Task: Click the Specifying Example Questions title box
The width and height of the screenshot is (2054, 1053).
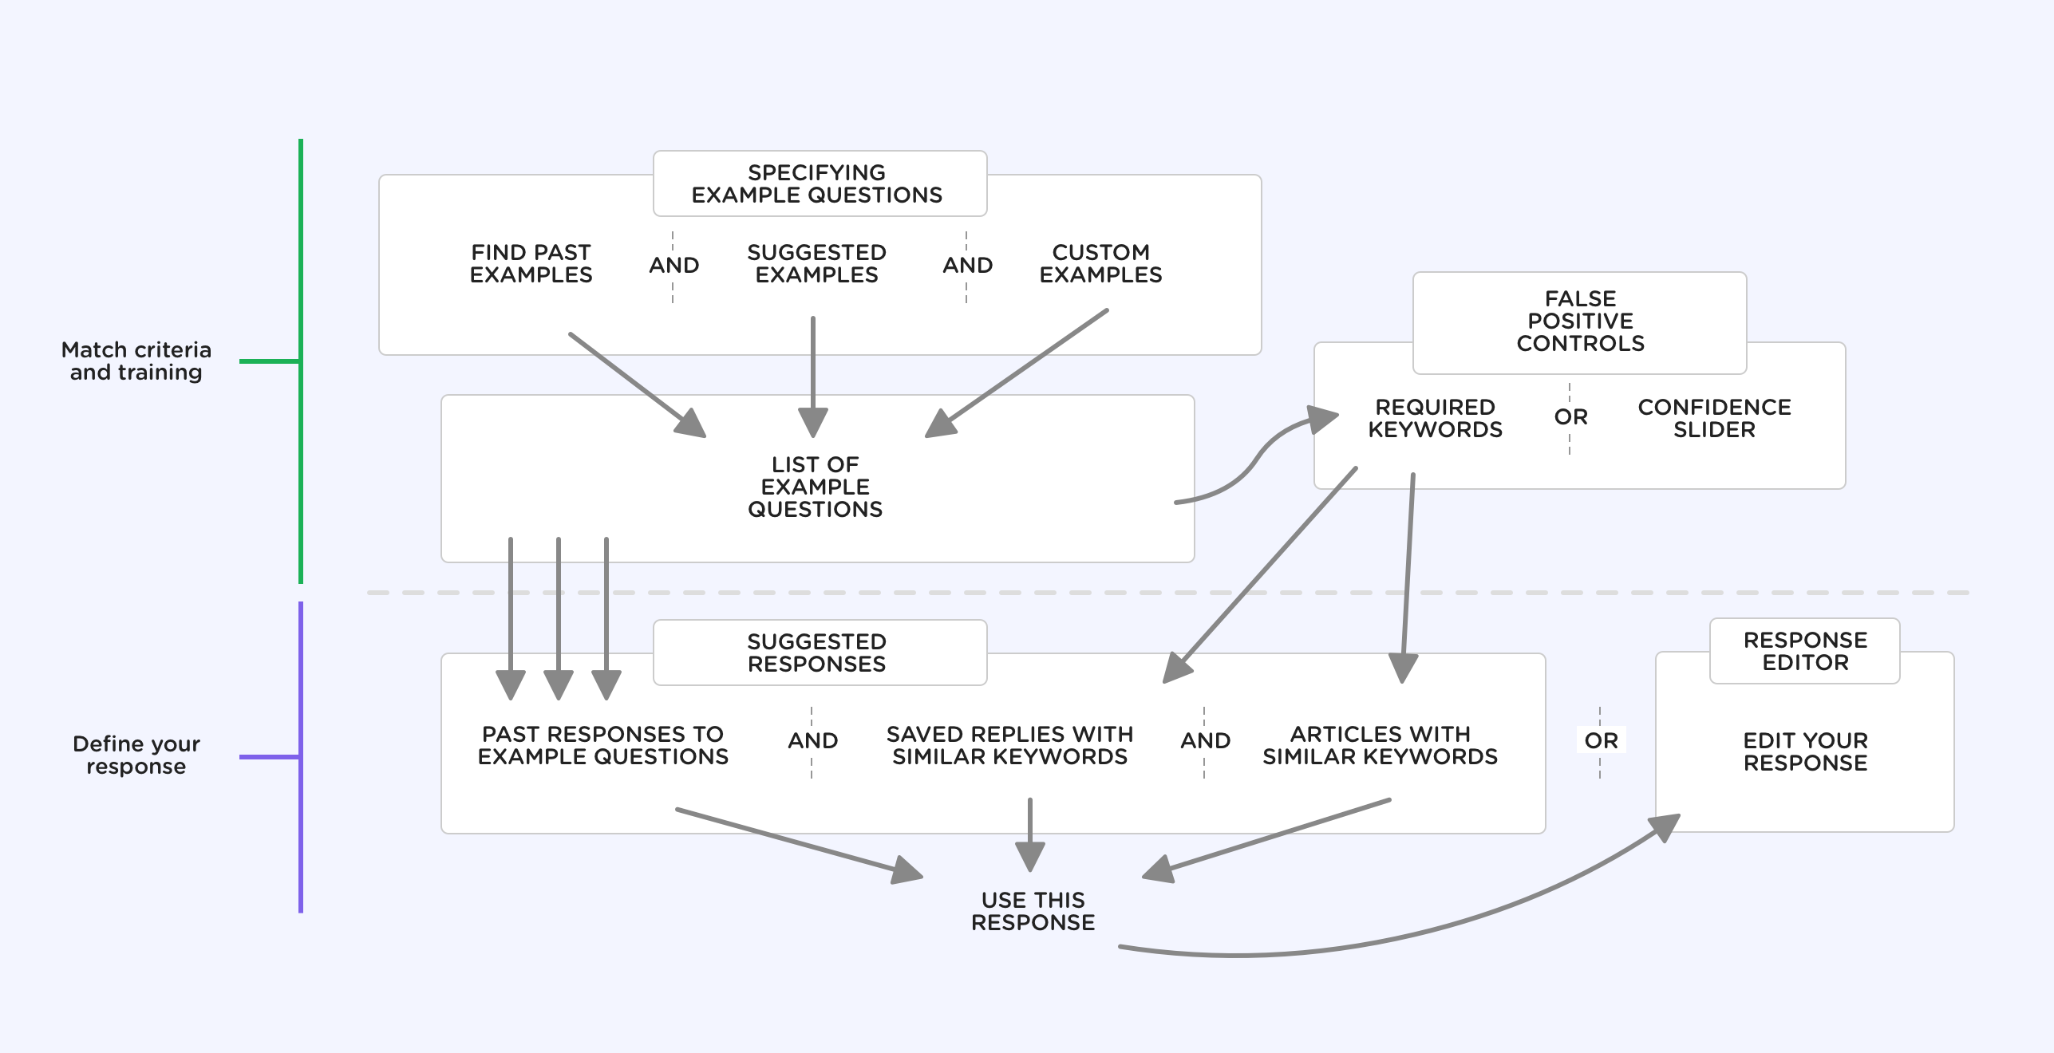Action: [819, 183]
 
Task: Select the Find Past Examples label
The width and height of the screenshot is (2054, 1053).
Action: [531, 263]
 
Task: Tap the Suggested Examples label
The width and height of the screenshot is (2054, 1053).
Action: [816, 263]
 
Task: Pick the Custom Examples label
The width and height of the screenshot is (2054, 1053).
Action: [1100, 263]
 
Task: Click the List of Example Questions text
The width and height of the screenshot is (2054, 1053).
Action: [815, 487]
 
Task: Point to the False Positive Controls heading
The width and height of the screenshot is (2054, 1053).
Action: [1579, 321]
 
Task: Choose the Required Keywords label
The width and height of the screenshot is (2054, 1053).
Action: [1435, 418]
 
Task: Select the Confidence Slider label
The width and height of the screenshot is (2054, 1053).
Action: [1714, 418]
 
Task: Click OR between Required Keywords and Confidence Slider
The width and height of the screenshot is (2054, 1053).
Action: [1570, 416]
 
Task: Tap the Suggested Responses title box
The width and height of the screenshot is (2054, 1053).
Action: [819, 653]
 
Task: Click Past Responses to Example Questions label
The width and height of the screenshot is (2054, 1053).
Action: [602, 745]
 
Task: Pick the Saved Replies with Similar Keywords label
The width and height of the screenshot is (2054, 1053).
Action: [1009, 745]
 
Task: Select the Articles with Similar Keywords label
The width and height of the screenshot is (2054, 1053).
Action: [1380, 745]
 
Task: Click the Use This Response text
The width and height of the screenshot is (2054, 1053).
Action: [1033, 911]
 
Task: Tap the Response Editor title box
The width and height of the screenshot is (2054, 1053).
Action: [1804, 651]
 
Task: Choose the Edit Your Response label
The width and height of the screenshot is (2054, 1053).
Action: [1804, 751]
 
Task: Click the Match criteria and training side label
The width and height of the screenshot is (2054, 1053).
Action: [136, 361]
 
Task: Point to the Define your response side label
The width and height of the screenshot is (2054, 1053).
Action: [136, 755]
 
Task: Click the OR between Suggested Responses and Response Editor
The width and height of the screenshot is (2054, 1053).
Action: [1601, 740]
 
